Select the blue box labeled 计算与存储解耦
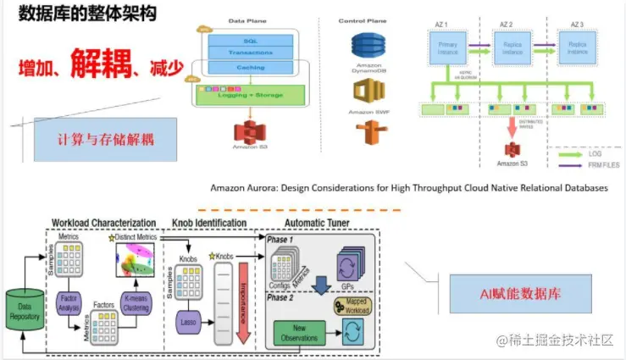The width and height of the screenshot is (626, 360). [106, 137]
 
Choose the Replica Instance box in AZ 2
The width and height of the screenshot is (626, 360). [513, 47]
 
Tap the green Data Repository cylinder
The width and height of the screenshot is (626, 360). [25, 310]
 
